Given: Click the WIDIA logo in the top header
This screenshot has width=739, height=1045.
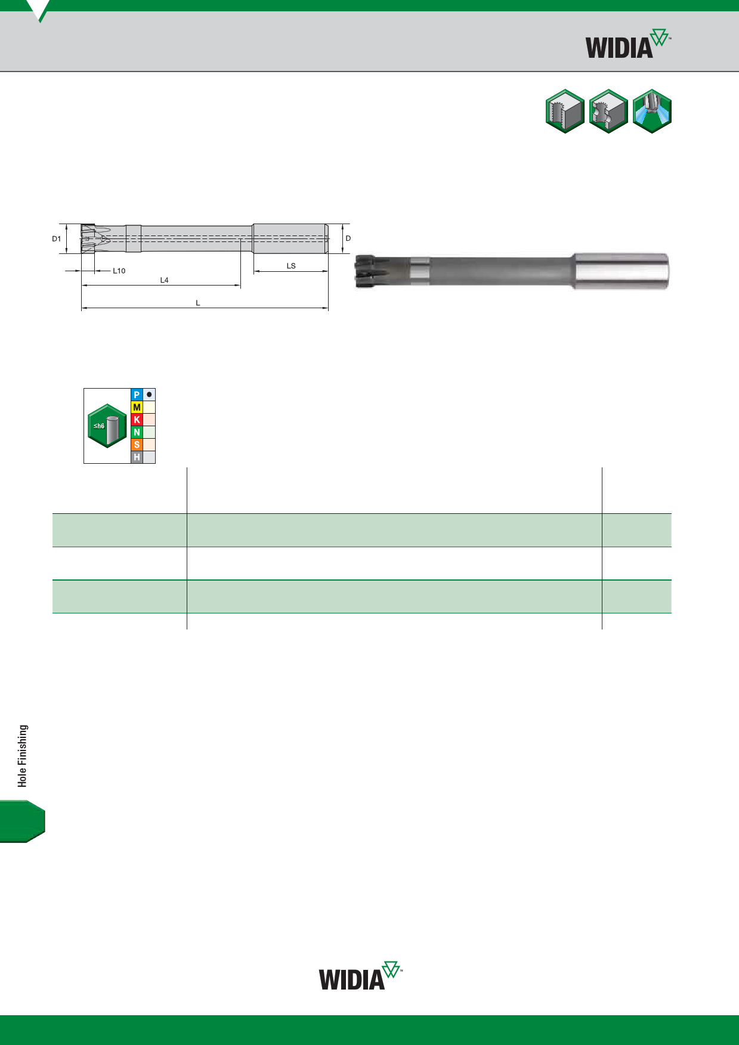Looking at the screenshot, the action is coord(628,44).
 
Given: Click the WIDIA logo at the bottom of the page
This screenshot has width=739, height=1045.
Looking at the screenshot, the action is coord(361,976).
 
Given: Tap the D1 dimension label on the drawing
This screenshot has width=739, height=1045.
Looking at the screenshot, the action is coord(57,238).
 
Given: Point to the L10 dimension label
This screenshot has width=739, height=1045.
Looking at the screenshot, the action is coord(119,271).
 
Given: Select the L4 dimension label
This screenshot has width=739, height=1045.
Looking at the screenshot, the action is coord(165,280).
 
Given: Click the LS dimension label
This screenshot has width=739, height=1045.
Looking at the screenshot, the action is coord(291,266).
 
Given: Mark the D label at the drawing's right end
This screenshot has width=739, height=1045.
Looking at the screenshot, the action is coord(348,238).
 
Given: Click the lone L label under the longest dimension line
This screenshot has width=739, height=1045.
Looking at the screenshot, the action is coord(198,303).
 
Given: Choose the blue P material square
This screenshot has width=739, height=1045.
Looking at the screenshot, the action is coord(137,395).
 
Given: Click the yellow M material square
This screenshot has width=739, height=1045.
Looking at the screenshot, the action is coord(137,407).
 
